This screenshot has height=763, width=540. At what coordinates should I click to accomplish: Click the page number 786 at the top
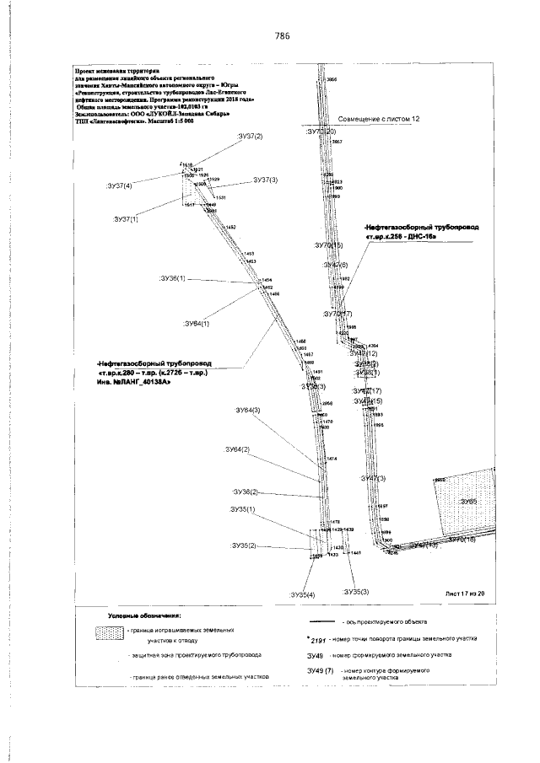tap(282, 35)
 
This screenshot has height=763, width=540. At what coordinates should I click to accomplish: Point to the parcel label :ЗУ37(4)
tap(124, 185)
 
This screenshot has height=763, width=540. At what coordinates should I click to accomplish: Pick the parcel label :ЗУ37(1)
tap(121, 218)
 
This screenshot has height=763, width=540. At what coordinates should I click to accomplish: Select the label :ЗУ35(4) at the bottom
tap(300, 595)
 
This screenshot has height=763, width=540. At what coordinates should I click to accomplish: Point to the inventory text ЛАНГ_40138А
tap(134, 383)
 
